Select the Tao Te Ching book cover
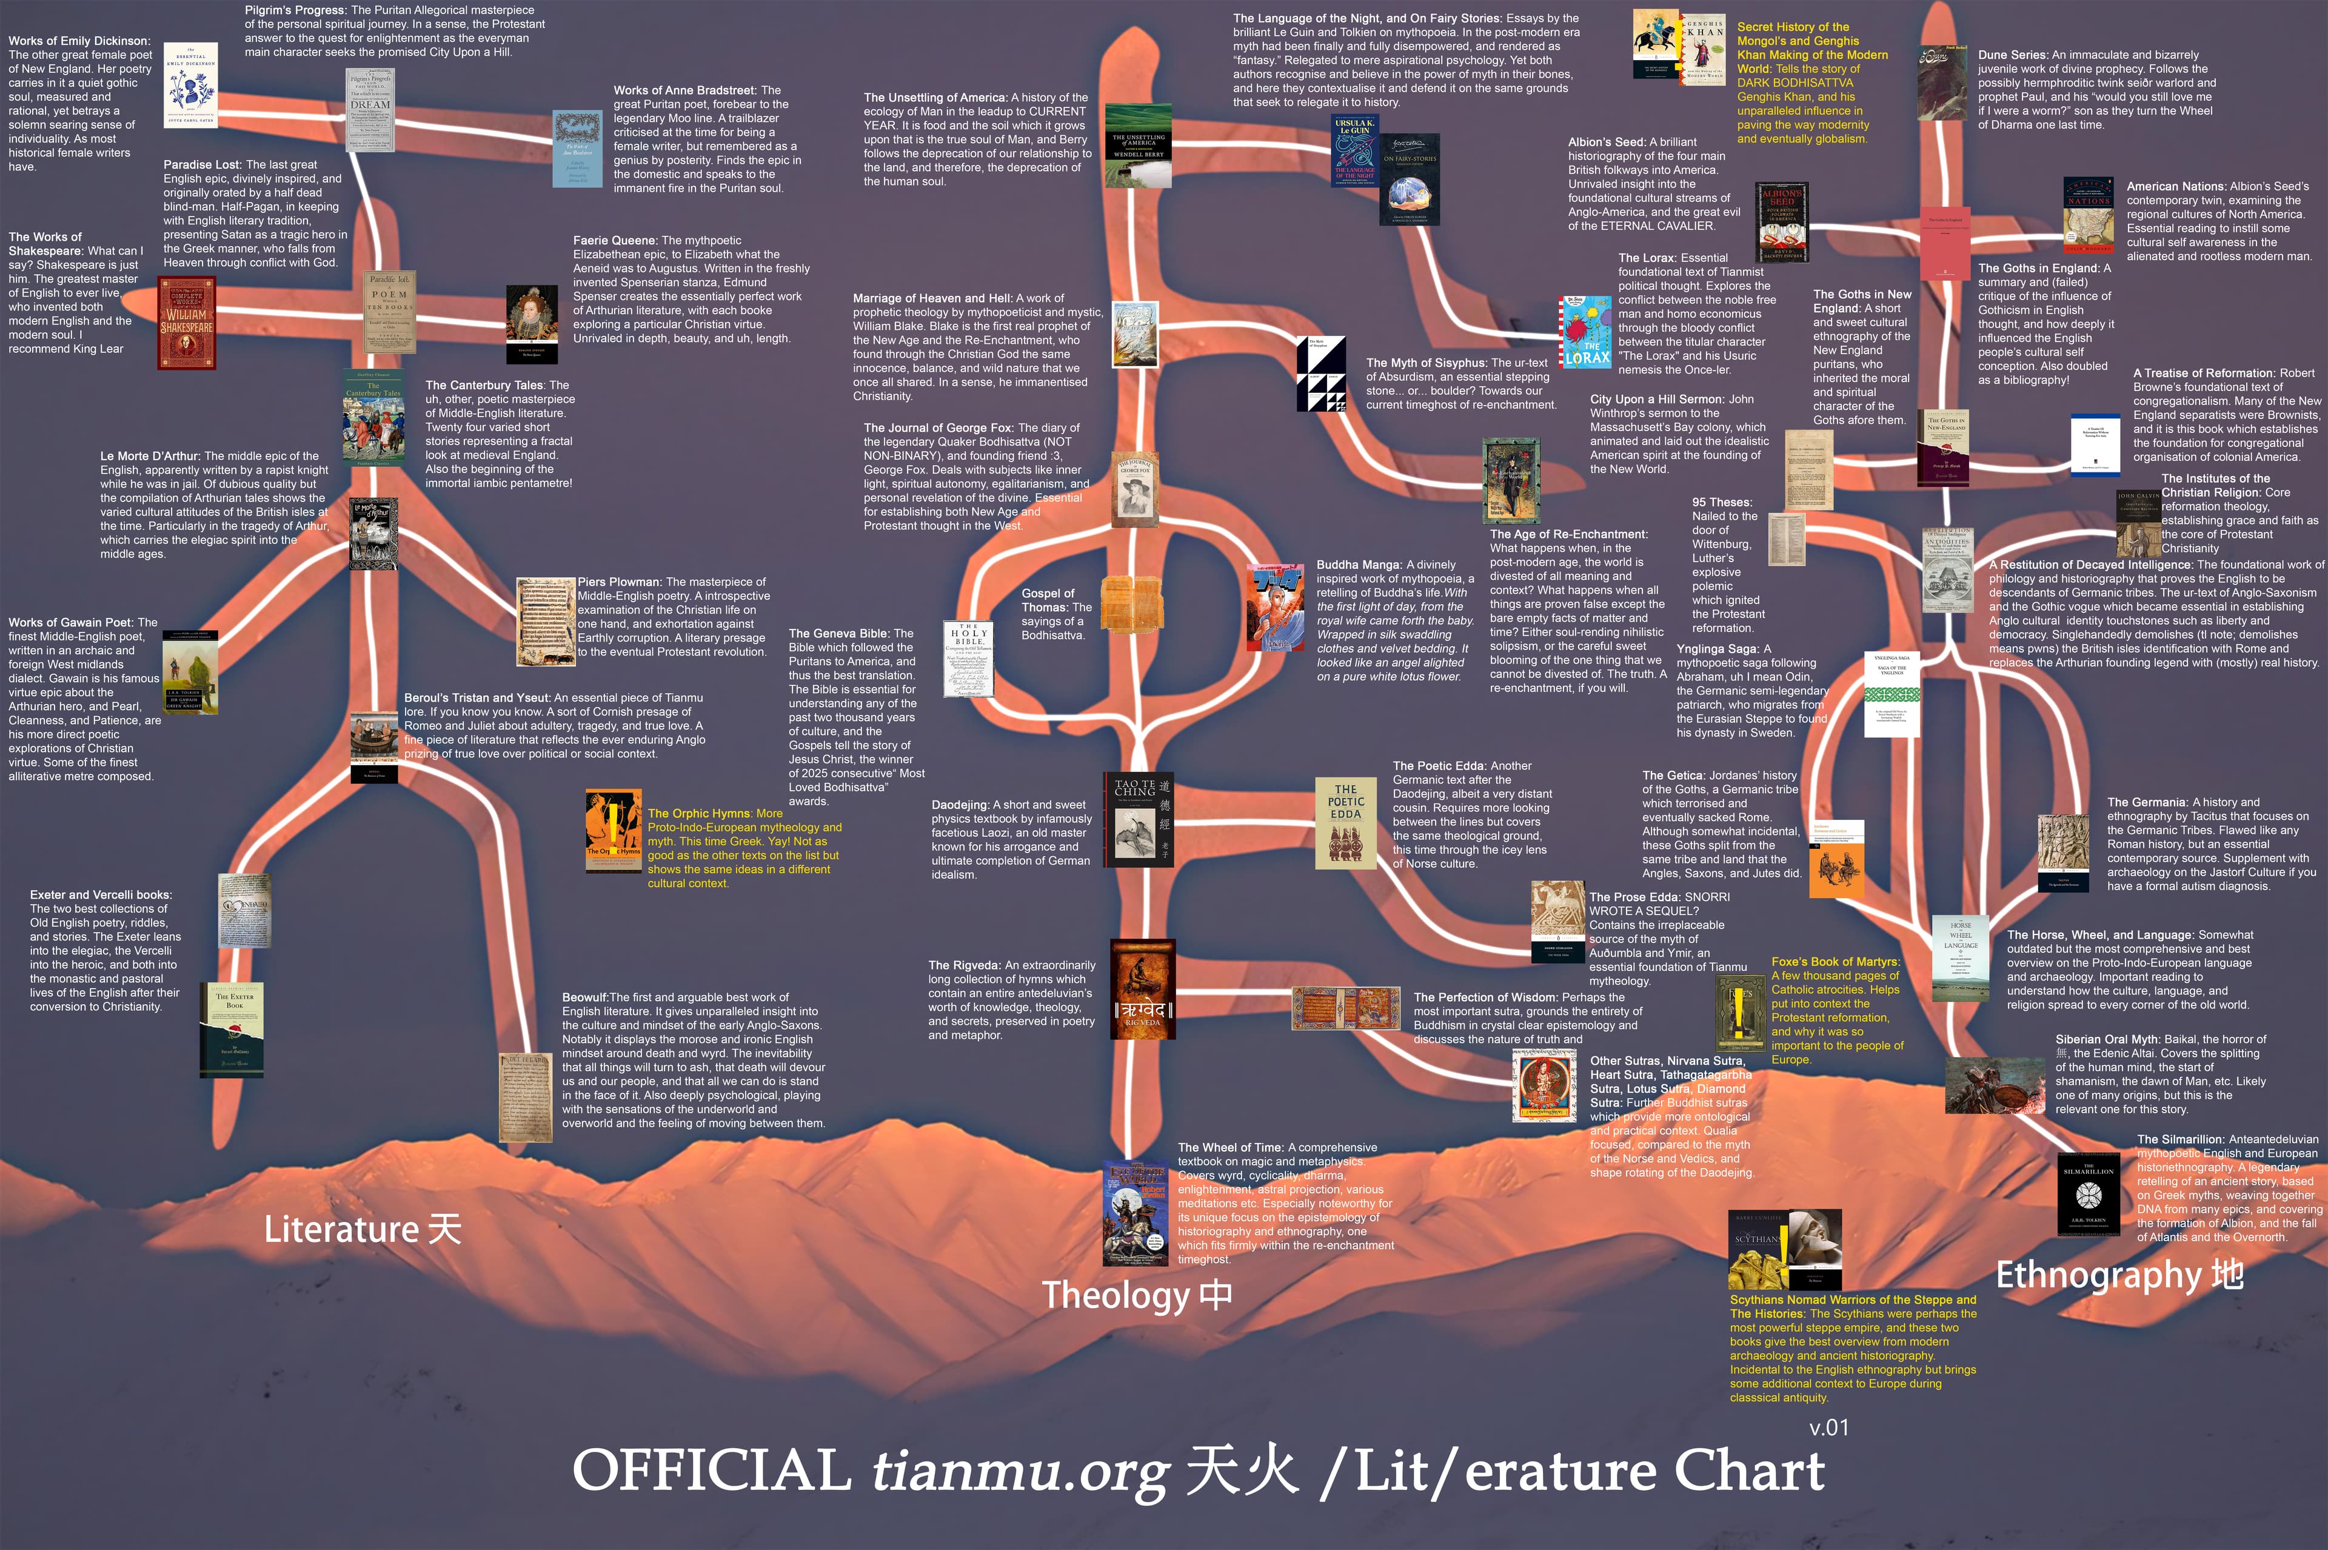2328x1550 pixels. click(x=1137, y=819)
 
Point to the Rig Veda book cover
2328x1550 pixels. click(x=1142, y=990)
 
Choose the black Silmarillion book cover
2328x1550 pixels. click(x=2088, y=1194)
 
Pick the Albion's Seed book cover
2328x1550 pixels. click(x=1782, y=221)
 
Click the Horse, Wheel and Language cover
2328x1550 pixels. click(x=1961, y=959)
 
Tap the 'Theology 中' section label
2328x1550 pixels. click(x=1136, y=1294)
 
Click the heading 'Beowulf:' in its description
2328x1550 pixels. click(x=585, y=998)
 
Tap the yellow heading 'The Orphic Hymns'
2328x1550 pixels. click(x=701, y=814)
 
